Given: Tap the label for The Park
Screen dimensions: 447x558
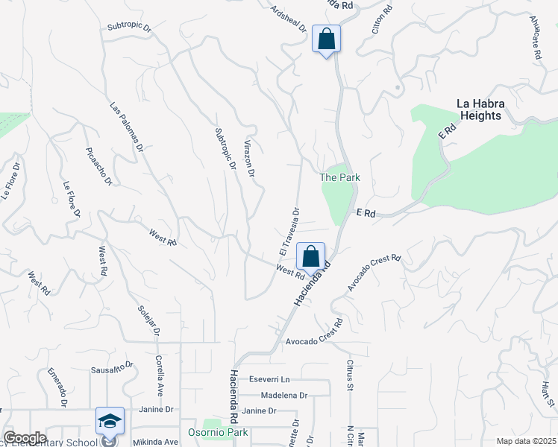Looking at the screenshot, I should (339, 177).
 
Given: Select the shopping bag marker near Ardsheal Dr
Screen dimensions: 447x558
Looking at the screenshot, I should (326, 39).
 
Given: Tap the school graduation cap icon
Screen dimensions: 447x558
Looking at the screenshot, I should (110, 421).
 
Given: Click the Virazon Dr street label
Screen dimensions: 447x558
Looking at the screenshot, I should (249, 158).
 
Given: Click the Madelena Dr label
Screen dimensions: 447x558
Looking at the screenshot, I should (283, 395).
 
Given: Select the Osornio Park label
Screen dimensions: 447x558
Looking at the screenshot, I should (228, 434).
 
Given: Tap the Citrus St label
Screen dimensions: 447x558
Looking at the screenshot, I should (349, 375).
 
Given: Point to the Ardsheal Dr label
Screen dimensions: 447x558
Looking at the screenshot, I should (289, 17).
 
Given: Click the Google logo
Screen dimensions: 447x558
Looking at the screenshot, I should (24, 438).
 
